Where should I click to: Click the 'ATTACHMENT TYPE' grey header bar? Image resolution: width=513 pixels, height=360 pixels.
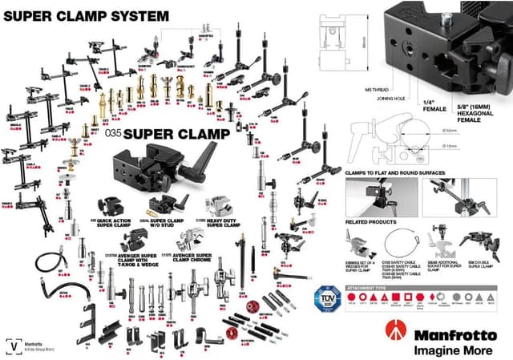[370, 286]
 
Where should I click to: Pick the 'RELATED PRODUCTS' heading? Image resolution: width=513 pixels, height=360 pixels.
[371, 220]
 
